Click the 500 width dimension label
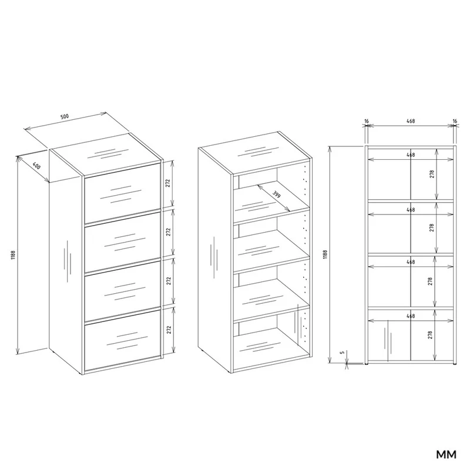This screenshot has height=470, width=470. (x=65, y=116)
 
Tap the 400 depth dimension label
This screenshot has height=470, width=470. (x=36, y=166)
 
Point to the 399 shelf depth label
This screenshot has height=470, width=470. (x=276, y=194)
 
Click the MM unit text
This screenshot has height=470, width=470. (x=446, y=455)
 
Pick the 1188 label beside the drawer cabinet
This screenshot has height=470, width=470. (x=13, y=255)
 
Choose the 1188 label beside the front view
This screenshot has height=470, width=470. (x=325, y=254)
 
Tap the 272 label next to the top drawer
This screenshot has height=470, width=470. (x=168, y=183)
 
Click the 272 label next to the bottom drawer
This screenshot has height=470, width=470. (x=169, y=330)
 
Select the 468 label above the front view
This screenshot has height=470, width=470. (x=410, y=121)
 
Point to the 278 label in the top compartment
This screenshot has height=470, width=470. (x=432, y=174)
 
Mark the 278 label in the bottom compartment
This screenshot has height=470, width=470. (x=430, y=335)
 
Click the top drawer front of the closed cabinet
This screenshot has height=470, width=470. (x=122, y=195)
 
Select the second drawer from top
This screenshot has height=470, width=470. (x=122, y=243)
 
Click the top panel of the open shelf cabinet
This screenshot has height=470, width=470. (x=255, y=153)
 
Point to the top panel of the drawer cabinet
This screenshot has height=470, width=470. (x=106, y=154)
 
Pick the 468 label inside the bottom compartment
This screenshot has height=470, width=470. (x=410, y=316)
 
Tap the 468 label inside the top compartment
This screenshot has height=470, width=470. (x=410, y=155)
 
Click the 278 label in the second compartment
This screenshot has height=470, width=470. (x=432, y=228)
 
